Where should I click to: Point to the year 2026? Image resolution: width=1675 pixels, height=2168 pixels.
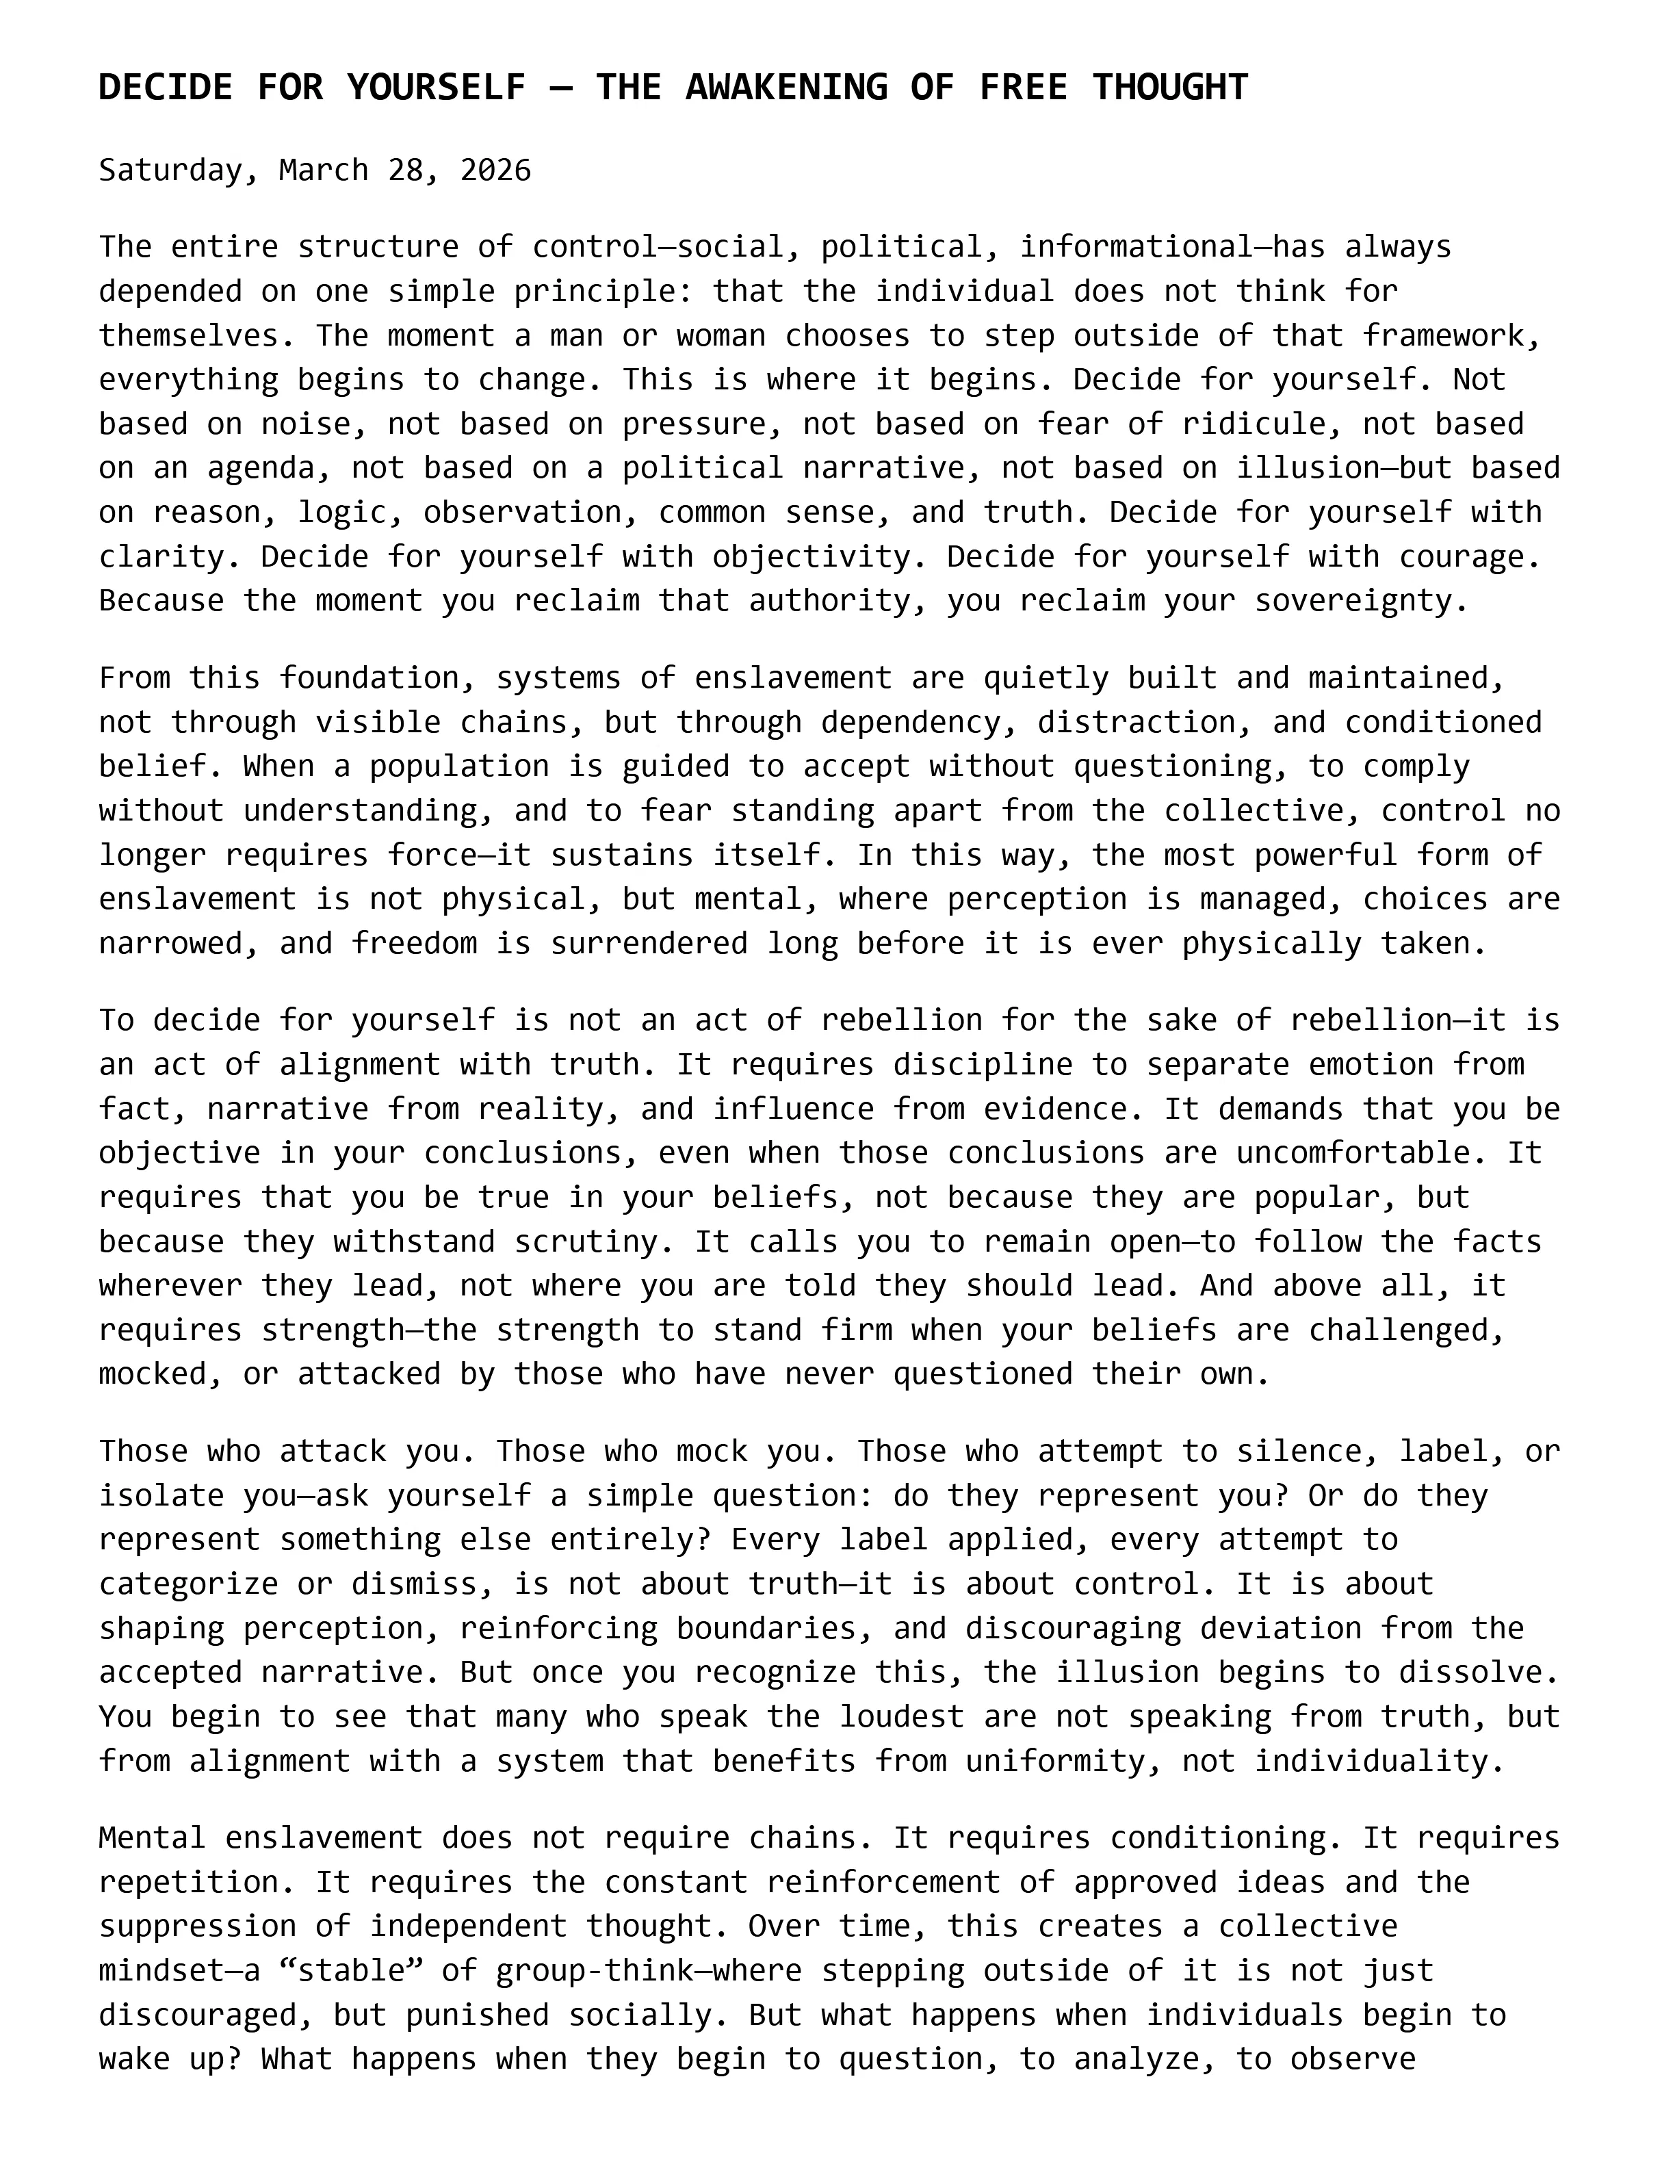point(495,170)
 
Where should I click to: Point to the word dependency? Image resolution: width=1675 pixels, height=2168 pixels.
point(911,723)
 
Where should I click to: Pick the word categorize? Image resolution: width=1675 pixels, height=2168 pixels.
point(189,1584)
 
